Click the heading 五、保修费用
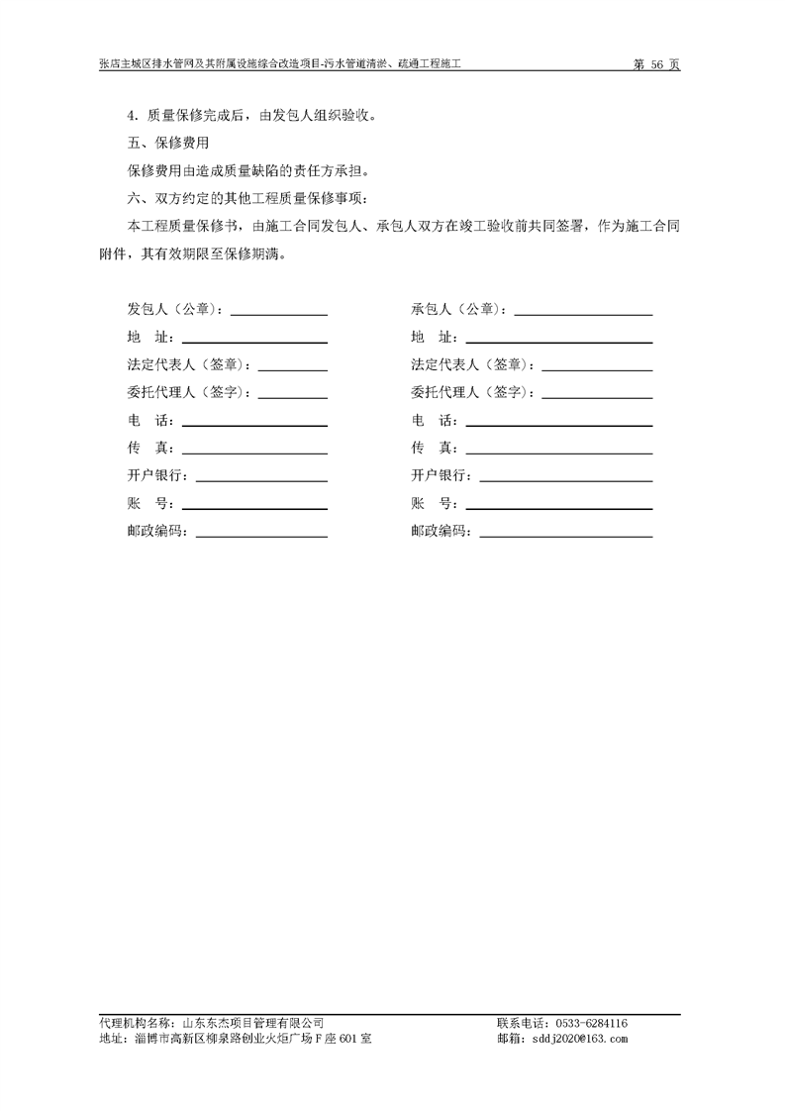click(x=167, y=143)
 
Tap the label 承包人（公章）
click(x=460, y=309)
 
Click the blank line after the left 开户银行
click(x=261, y=479)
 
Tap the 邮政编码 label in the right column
click(x=442, y=531)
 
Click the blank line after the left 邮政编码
click(x=261, y=535)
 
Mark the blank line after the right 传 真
click(x=558, y=452)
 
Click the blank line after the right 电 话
click(x=558, y=424)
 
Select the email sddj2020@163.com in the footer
click(x=579, y=1039)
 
